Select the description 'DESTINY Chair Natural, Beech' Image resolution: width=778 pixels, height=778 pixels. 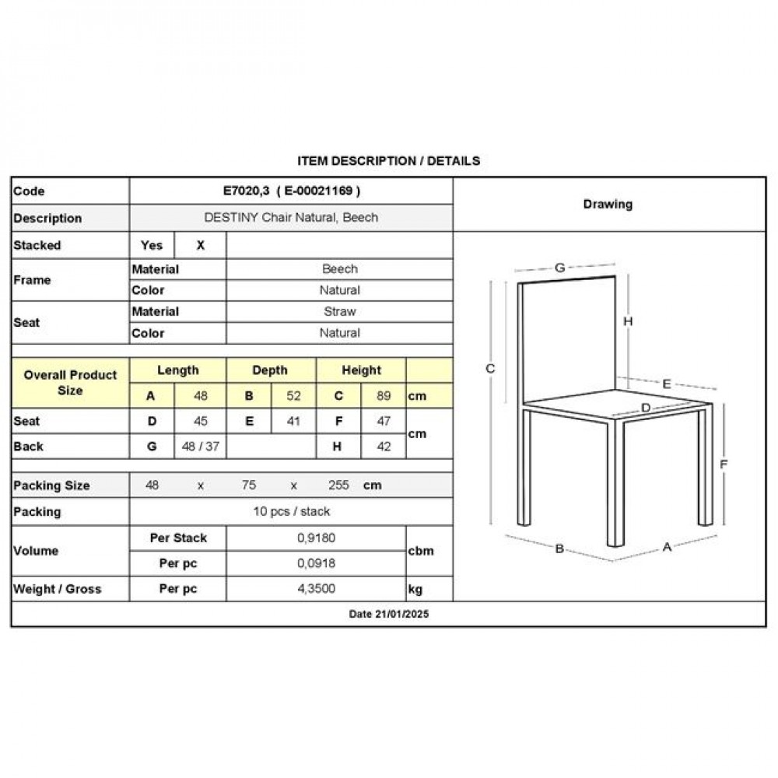(x=290, y=218)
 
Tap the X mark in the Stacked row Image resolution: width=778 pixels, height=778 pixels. (x=201, y=245)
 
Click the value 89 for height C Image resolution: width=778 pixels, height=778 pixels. (x=384, y=395)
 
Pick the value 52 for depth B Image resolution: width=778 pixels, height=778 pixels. (x=293, y=395)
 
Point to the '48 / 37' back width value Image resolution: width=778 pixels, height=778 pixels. (x=201, y=447)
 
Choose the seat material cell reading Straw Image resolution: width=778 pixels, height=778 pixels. (x=339, y=311)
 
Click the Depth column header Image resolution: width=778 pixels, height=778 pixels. (x=270, y=370)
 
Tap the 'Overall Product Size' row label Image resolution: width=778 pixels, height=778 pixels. (x=70, y=382)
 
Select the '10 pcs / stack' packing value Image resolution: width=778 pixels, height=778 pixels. (x=291, y=511)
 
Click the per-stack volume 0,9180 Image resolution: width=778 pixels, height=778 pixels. (x=316, y=538)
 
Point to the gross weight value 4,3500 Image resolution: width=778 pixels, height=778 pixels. (x=316, y=589)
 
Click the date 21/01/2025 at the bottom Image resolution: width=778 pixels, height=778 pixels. (x=389, y=614)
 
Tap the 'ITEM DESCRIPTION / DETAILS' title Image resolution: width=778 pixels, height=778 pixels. (x=389, y=161)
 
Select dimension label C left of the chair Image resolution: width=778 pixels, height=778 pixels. (x=490, y=369)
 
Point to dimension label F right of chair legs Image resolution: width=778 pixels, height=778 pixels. (x=723, y=464)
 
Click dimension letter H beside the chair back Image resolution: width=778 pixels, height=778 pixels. (x=628, y=321)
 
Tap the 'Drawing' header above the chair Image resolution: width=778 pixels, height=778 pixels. (x=608, y=204)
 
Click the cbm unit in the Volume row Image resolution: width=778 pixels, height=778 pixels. (x=420, y=551)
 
